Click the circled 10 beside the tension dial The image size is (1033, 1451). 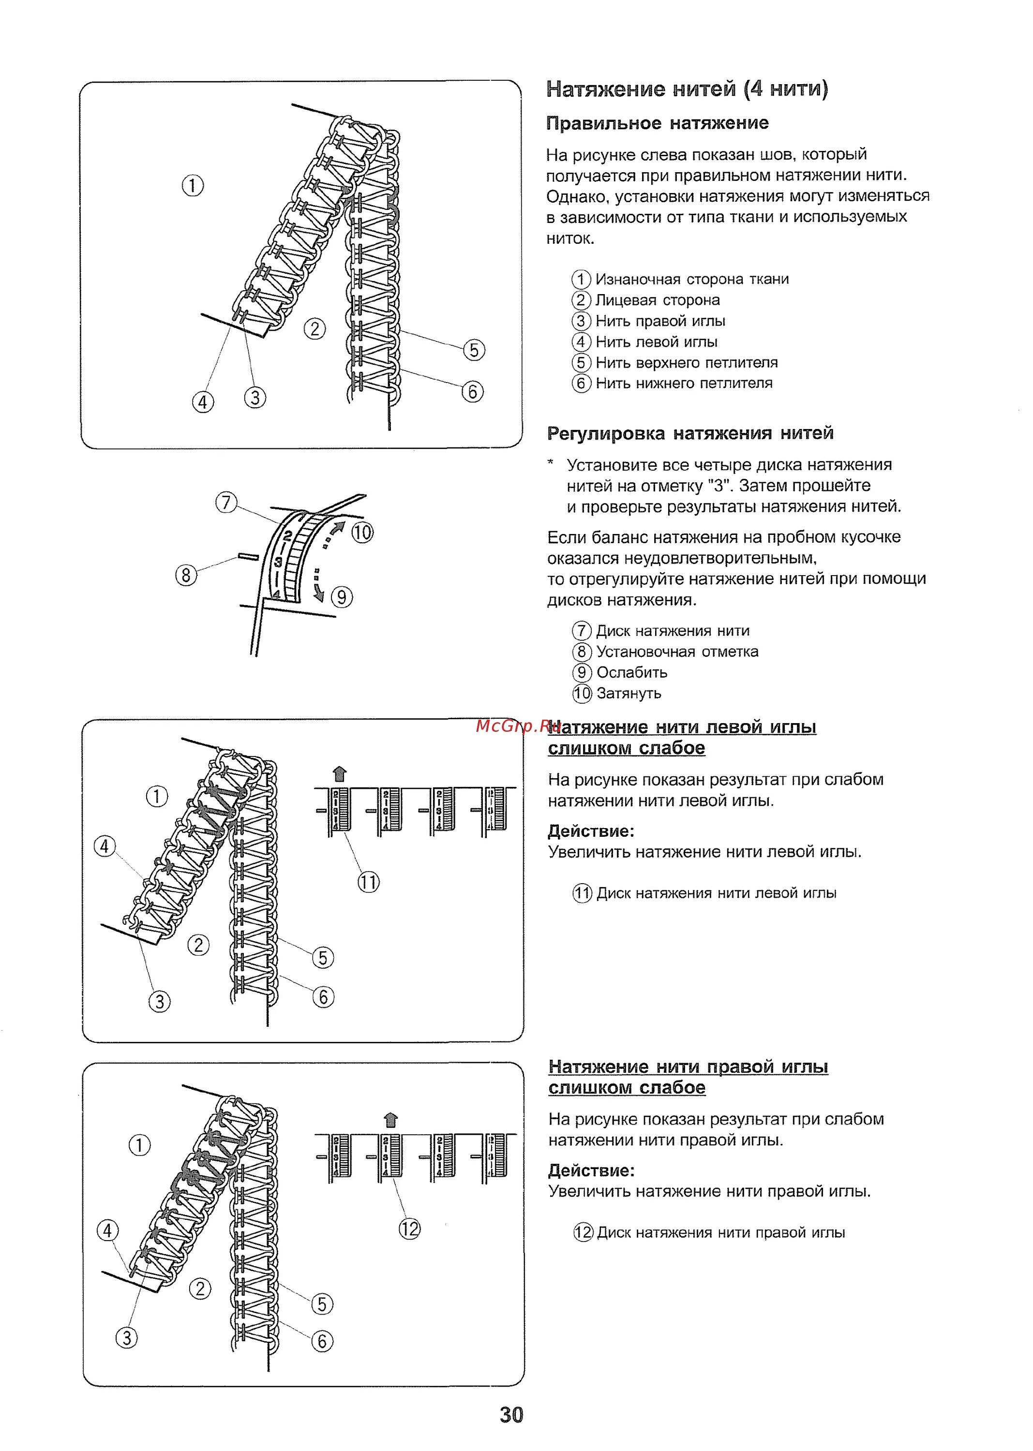pyautogui.click(x=362, y=532)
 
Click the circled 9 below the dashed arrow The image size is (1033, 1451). pyautogui.click(x=342, y=597)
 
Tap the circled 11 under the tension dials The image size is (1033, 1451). pyautogui.click(x=368, y=882)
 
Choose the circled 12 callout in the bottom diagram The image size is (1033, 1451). pyautogui.click(x=410, y=1229)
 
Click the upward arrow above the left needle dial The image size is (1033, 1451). pyautogui.click(x=340, y=774)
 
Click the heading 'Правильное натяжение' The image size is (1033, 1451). pyautogui.click(x=657, y=123)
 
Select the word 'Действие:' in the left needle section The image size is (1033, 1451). pyautogui.click(x=591, y=831)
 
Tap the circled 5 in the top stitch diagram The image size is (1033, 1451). pyautogui.click(x=474, y=350)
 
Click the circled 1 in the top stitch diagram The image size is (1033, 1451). pyautogui.click(x=193, y=186)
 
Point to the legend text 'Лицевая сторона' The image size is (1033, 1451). pyautogui.click(x=657, y=300)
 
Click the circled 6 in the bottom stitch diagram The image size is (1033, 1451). pyautogui.click(x=322, y=1341)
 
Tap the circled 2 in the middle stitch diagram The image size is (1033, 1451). pyautogui.click(x=198, y=945)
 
